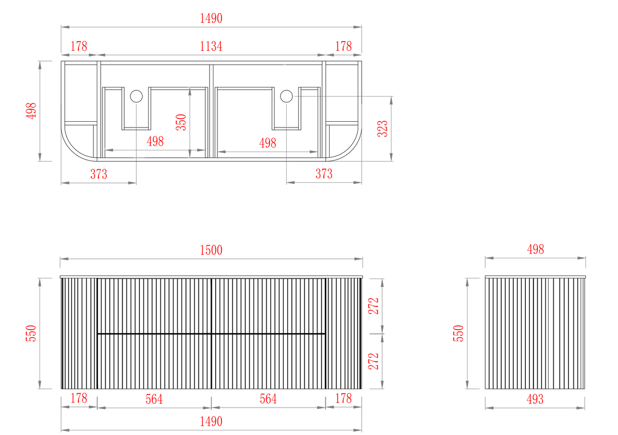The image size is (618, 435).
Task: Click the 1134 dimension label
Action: pyautogui.click(x=211, y=46)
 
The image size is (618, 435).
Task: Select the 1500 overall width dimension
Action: pyautogui.click(x=211, y=250)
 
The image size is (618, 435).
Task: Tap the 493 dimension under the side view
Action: pyautogui.click(x=535, y=399)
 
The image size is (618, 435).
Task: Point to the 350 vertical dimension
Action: pyautogui.click(x=181, y=122)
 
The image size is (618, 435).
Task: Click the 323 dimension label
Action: pyautogui.click(x=382, y=129)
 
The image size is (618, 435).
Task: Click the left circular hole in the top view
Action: pyautogui.click(x=136, y=96)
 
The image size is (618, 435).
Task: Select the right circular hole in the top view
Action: pyautogui.click(x=287, y=96)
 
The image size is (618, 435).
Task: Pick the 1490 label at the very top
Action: pyautogui.click(x=211, y=18)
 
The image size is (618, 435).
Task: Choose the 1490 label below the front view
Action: pyautogui.click(x=211, y=422)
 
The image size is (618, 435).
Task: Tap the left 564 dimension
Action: pyautogui.click(x=154, y=399)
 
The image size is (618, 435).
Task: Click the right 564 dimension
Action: pyautogui.click(x=268, y=399)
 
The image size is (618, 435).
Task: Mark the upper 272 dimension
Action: pyautogui.click(x=373, y=306)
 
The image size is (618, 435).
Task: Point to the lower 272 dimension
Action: pyautogui.click(x=373, y=361)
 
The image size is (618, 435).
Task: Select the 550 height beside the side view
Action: pyautogui.click(x=458, y=333)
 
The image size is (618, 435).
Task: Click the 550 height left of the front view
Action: pyautogui.click(x=31, y=333)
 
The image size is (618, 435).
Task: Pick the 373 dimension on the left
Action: pyautogui.click(x=98, y=174)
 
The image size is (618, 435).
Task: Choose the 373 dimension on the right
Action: pyautogui.click(x=324, y=174)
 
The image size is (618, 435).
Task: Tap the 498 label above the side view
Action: pyautogui.click(x=535, y=249)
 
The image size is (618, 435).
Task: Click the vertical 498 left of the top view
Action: pyautogui.click(x=31, y=111)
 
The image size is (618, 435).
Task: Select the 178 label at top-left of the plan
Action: pyautogui.click(x=79, y=46)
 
